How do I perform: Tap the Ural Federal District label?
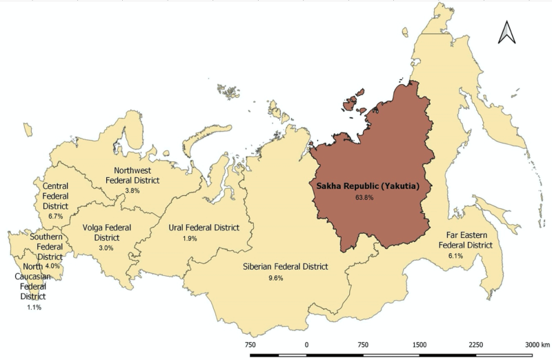[204, 227]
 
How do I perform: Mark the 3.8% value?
[132, 190]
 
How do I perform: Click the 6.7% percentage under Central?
[56, 216]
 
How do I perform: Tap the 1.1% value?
[32, 307]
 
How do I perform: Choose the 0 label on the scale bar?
[306, 344]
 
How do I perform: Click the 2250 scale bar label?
[476, 344]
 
